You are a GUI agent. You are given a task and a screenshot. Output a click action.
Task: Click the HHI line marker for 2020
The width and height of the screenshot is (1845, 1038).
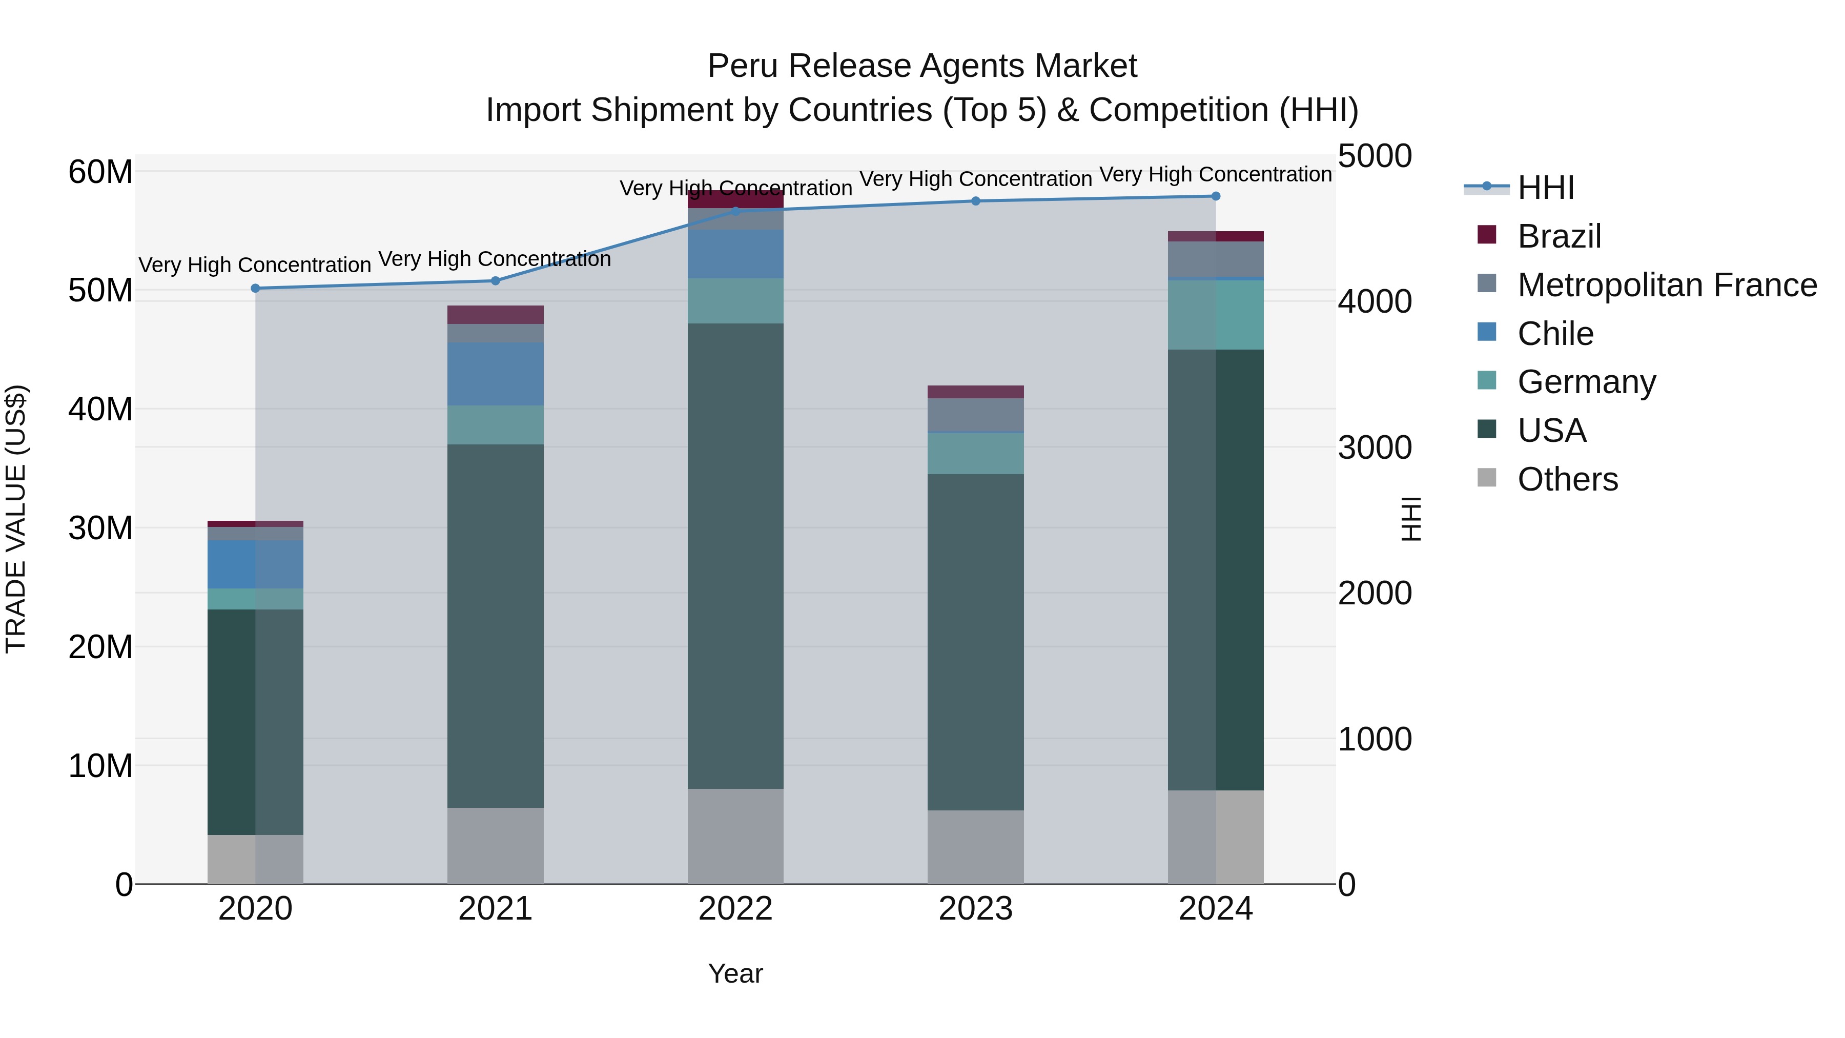pyautogui.click(x=255, y=288)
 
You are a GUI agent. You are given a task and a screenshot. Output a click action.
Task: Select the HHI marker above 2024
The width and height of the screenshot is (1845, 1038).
pyautogui.click(x=1216, y=196)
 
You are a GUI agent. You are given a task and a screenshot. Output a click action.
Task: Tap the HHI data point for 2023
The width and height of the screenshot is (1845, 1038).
pyautogui.click(x=975, y=201)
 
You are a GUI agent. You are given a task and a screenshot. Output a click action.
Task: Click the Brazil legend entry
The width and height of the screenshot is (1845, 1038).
pyautogui.click(x=1559, y=236)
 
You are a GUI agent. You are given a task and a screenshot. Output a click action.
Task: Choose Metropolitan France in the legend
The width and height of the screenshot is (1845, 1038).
pyautogui.click(x=1667, y=285)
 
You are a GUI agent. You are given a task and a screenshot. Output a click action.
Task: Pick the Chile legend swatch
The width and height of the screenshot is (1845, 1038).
pyautogui.click(x=1487, y=332)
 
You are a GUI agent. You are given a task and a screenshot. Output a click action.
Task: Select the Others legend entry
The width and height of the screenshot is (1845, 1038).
pyautogui.click(x=1567, y=479)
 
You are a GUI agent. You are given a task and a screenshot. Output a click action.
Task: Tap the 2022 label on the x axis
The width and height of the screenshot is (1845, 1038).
pyautogui.click(x=735, y=909)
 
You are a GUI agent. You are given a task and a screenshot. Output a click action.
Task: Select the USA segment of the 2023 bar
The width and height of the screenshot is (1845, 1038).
pyautogui.click(x=975, y=641)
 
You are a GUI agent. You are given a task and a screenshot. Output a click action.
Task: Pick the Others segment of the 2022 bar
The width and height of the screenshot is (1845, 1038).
pyautogui.click(x=735, y=836)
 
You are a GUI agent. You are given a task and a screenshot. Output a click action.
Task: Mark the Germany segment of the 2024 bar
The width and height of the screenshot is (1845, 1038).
pyautogui.click(x=1216, y=315)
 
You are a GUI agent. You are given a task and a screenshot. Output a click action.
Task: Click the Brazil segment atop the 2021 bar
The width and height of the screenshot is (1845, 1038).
pyautogui.click(x=495, y=315)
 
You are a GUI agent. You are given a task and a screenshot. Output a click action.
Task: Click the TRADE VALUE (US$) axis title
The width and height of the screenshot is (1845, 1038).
pyautogui.click(x=16, y=519)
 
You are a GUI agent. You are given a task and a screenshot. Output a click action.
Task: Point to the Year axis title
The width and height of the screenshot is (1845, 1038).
pyautogui.click(x=735, y=973)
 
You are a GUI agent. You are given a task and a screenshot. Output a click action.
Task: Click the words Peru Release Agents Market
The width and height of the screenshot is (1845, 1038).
pyautogui.click(x=922, y=66)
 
